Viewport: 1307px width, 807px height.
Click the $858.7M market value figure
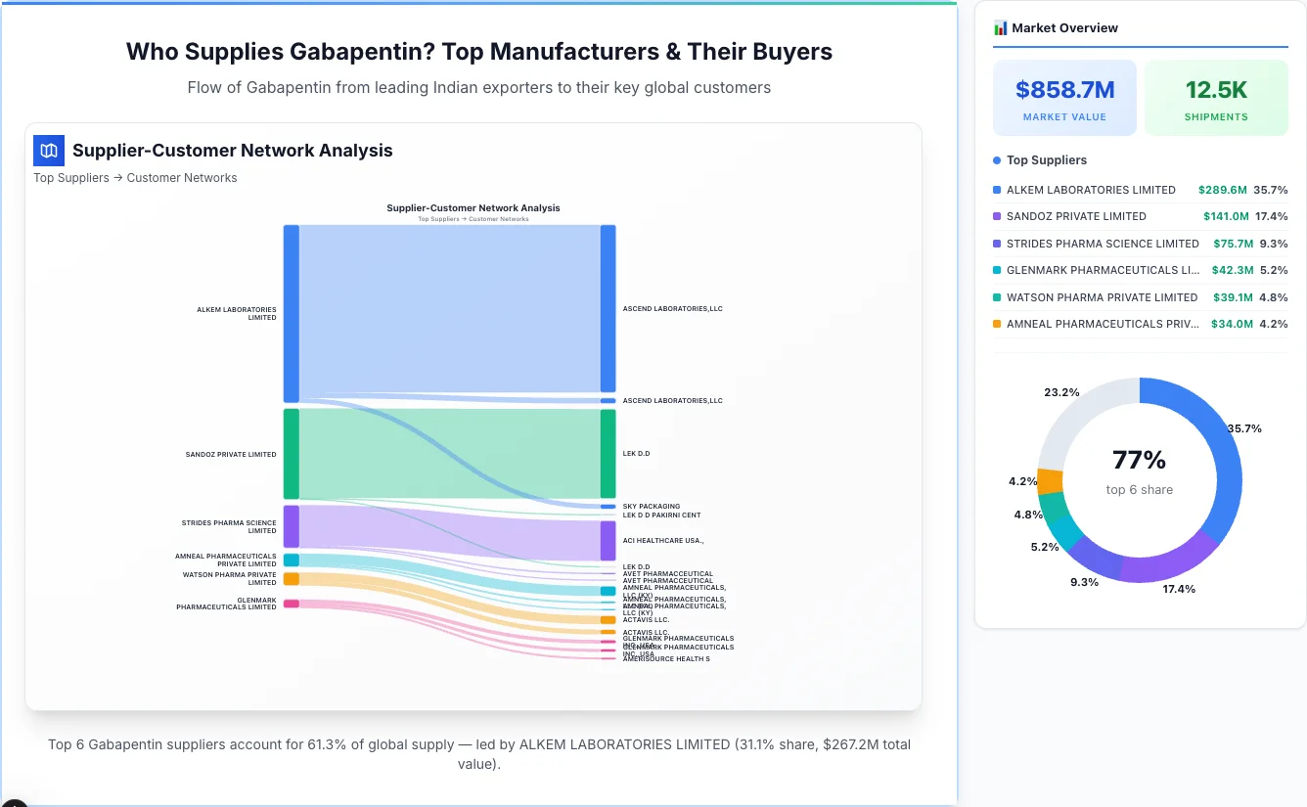pos(1064,91)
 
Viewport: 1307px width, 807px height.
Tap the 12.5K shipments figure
pos(1216,91)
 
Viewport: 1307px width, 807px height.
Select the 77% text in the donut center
pos(1139,460)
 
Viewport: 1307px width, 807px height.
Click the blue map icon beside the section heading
pos(49,151)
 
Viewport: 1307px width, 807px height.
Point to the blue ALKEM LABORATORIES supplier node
pos(292,313)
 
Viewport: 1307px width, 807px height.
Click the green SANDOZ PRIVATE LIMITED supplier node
pos(292,454)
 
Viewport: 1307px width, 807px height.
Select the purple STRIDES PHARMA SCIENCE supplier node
pos(292,526)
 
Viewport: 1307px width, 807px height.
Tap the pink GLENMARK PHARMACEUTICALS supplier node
pos(292,604)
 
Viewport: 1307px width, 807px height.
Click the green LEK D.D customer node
pos(608,454)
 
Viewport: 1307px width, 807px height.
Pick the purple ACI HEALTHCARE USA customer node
pos(608,540)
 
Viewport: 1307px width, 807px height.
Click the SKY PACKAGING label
pos(651,507)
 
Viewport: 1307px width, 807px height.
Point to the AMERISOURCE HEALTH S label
pos(666,659)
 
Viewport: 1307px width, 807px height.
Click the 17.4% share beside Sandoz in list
pos(1271,216)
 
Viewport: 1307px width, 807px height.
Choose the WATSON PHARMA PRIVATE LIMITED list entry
pos(1102,297)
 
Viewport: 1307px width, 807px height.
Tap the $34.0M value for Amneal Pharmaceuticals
pos(1231,324)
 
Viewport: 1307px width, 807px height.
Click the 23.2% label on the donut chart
pos(1061,392)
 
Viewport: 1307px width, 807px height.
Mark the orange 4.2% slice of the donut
pos(1050,481)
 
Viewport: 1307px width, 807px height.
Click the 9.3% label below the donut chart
pos(1085,582)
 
